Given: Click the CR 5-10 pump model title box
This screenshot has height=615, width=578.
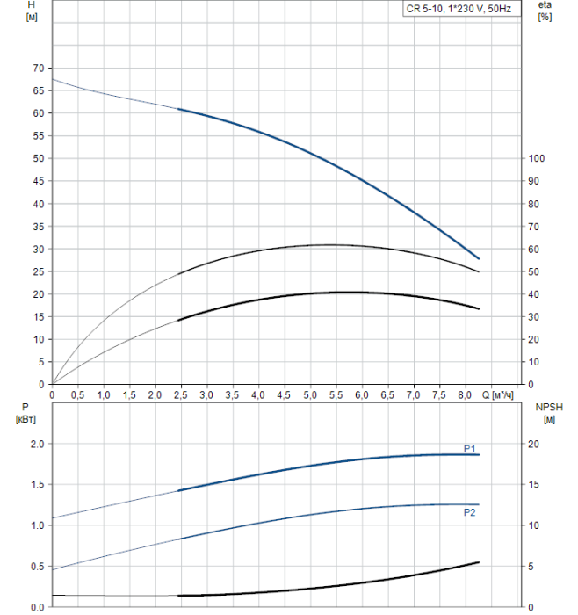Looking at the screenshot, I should point(464,9).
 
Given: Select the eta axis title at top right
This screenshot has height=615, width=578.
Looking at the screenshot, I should point(545,11).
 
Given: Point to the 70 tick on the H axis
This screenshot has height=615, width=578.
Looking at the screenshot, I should point(37,68).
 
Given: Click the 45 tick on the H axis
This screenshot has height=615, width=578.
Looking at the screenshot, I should point(37,181).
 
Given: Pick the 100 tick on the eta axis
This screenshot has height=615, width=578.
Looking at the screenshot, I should point(537,158).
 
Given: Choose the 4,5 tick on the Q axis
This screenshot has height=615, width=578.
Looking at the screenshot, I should point(284,395).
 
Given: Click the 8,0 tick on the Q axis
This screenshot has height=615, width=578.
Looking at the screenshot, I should point(464,395).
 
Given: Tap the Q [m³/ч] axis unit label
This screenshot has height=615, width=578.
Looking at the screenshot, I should point(502,395).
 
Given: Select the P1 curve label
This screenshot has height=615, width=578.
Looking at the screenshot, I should point(470,447).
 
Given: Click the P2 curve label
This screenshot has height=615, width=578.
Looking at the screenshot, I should point(470,512).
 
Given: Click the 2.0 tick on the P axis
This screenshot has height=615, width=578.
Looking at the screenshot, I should point(37,444).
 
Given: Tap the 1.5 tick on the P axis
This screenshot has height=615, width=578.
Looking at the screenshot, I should point(37,484).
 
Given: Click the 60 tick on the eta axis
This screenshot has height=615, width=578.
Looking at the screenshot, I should point(534,249).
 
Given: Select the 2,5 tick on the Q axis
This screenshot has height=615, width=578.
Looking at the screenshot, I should point(181,395).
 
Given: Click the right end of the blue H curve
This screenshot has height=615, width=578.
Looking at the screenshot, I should point(479,258).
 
